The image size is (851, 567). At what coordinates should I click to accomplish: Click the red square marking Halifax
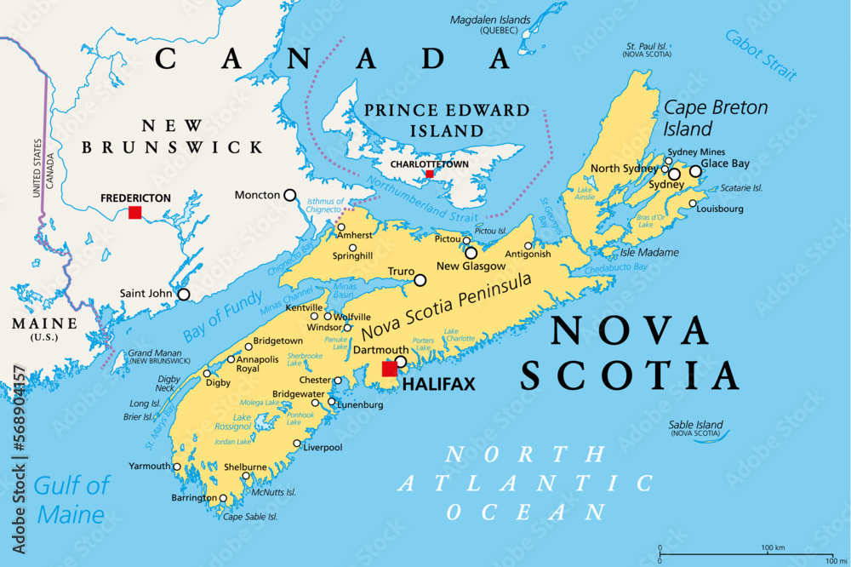(390, 369)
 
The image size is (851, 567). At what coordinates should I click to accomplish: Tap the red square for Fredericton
(134, 212)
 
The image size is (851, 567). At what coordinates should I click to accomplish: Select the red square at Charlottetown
(429, 174)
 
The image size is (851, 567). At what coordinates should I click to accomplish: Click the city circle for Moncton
(290, 195)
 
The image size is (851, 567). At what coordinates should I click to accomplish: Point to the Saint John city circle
(183, 295)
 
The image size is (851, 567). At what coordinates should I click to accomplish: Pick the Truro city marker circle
(420, 279)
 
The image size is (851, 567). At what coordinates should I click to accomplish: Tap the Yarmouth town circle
(177, 467)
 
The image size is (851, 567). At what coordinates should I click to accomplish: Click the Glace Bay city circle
(695, 171)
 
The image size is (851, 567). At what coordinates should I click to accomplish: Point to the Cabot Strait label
(761, 54)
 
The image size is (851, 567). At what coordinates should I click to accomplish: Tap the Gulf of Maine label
(71, 500)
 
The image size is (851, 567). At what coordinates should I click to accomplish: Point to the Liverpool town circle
(296, 444)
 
